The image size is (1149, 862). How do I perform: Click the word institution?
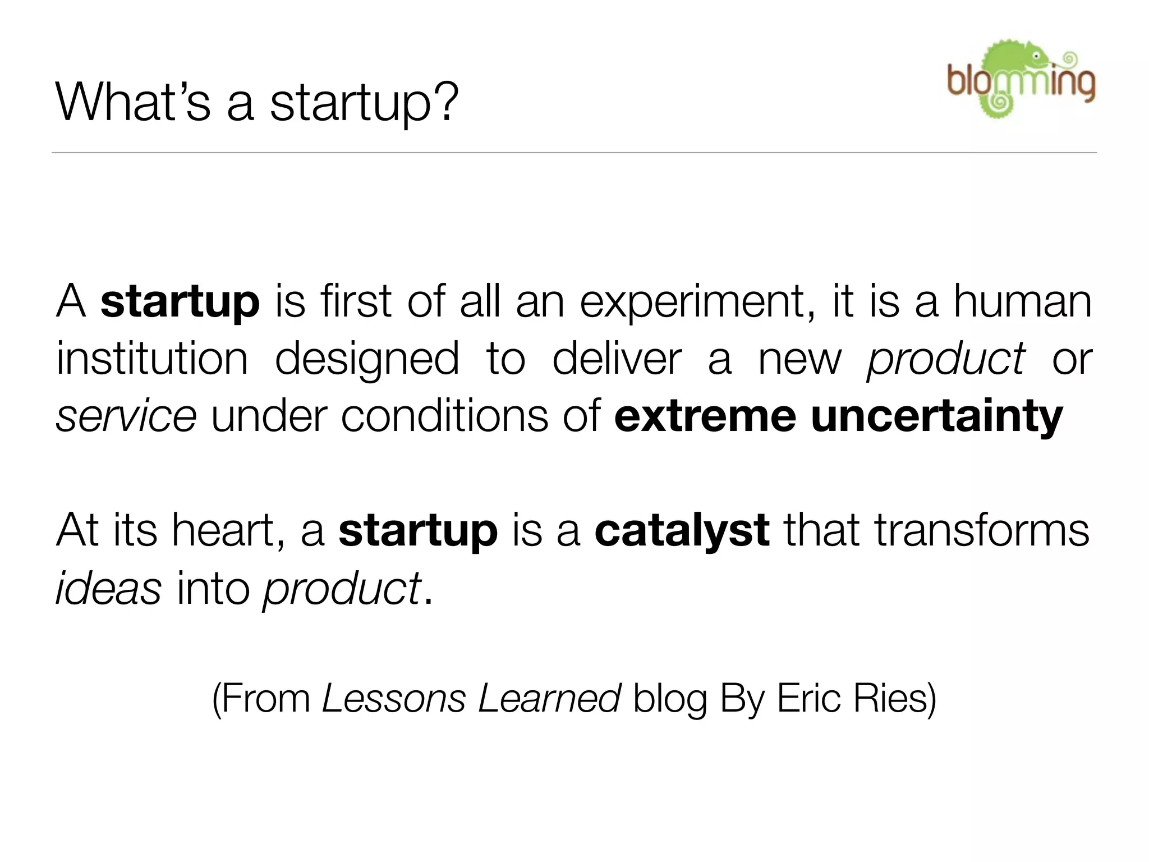152,359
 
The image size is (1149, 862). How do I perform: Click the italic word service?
126,416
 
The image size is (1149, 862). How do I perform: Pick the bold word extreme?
705,416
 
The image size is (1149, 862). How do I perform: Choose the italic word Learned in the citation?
549,699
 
